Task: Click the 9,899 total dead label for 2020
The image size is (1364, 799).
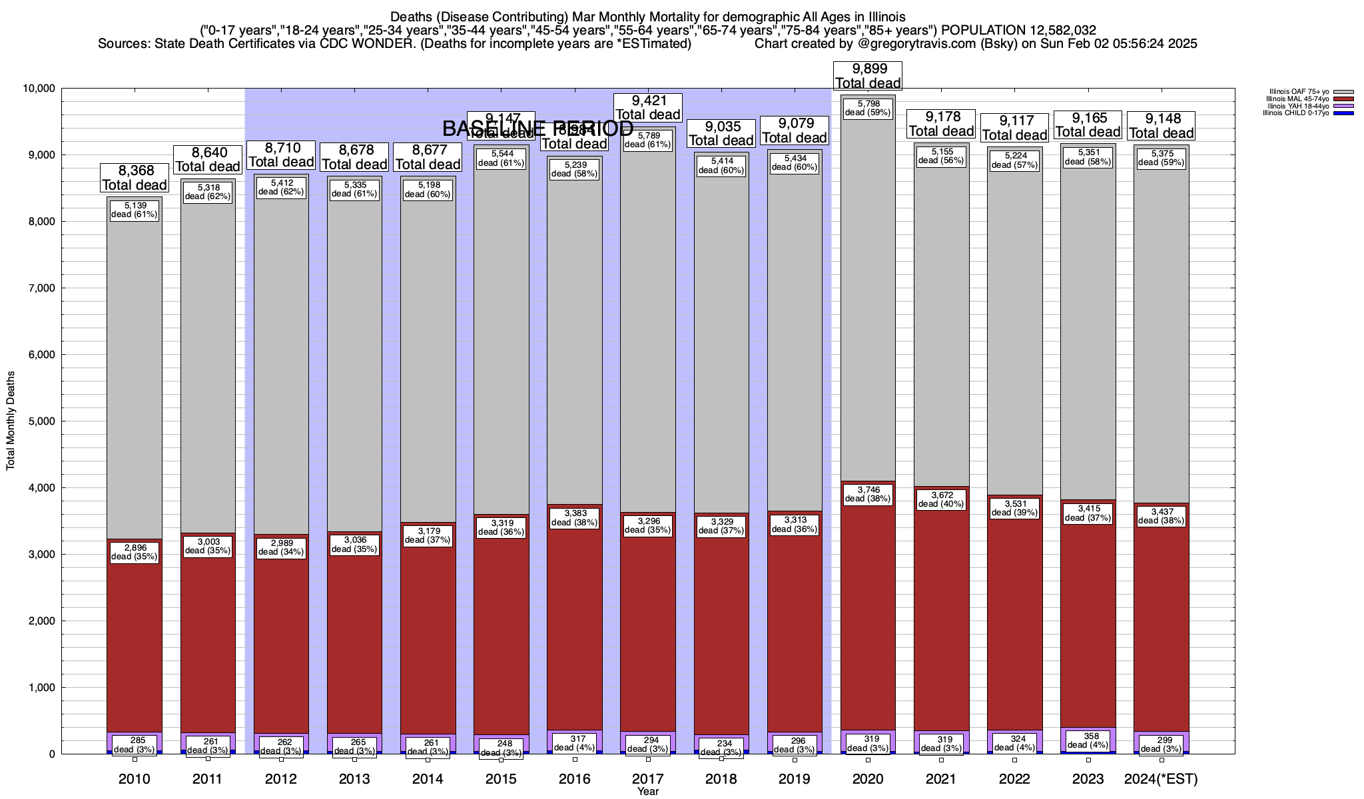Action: (868, 76)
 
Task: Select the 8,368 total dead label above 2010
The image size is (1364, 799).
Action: (135, 178)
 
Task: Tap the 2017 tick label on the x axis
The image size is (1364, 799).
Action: (647, 778)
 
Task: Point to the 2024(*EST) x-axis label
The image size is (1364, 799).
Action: (1161, 778)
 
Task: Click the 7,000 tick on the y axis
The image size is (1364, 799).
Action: (41, 288)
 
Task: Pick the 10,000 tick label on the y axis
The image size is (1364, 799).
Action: (39, 89)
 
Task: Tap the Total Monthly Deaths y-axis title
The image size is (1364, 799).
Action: (11, 421)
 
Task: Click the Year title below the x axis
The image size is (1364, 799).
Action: (647, 791)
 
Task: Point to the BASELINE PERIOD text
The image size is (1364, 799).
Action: (537, 129)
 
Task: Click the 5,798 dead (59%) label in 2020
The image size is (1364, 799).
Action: (868, 108)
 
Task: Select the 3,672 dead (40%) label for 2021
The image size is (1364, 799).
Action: (941, 499)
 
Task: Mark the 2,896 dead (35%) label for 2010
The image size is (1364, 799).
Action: (135, 552)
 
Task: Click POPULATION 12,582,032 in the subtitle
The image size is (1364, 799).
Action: (1018, 30)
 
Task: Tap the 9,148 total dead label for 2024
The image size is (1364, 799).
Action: (1162, 126)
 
